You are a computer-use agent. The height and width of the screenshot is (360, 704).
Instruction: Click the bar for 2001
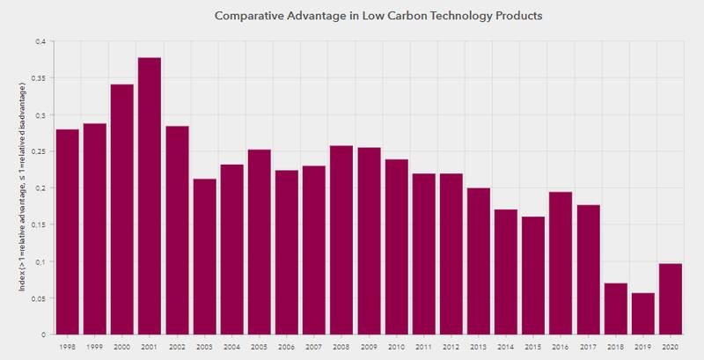click(x=150, y=196)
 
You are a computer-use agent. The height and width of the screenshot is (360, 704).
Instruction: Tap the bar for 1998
click(x=68, y=231)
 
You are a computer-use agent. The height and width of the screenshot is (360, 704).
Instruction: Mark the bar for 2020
click(x=671, y=299)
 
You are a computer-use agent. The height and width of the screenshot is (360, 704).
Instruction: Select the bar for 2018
click(x=615, y=309)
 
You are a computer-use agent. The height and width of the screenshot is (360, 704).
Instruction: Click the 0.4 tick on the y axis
click(x=40, y=41)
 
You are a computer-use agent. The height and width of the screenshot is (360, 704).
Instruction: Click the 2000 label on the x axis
click(x=123, y=347)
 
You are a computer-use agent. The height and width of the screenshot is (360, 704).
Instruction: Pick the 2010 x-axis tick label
click(x=396, y=347)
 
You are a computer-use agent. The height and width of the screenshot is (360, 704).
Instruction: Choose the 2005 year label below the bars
click(x=260, y=347)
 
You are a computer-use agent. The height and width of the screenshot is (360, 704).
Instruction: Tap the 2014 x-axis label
click(x=506, y=347)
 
